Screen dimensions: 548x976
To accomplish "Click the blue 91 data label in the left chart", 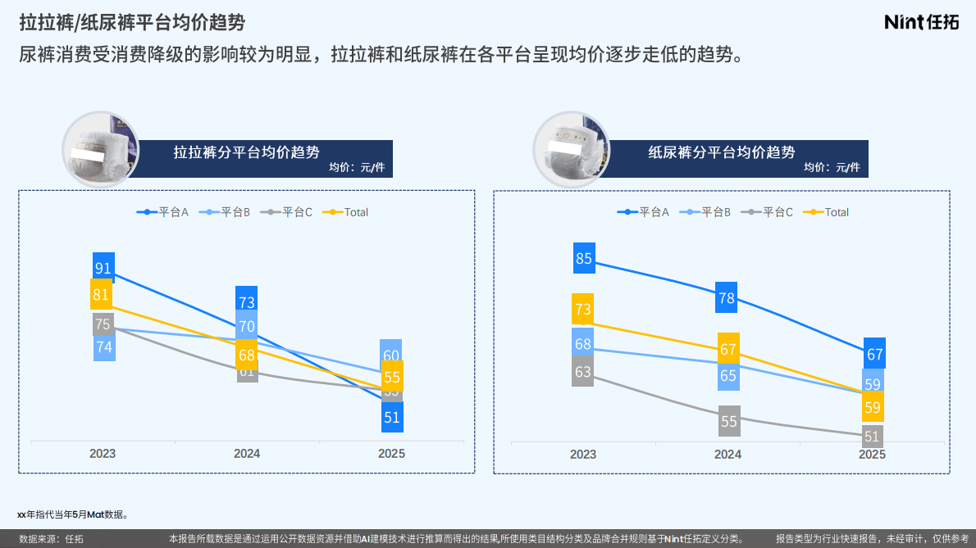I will (103, 268).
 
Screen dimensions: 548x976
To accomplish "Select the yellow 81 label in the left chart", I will (102, 295).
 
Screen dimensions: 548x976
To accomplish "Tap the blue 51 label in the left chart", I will (392, 417).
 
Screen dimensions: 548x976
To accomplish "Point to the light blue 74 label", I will (104, 347).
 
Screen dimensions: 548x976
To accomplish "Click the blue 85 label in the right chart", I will (584, 259).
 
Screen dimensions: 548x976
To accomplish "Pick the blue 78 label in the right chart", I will (727, 298).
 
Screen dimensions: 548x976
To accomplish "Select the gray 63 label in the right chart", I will (583, 372).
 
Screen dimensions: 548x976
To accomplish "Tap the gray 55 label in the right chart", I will (729, 422).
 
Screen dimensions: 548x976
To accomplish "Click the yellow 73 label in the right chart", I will (583, 309).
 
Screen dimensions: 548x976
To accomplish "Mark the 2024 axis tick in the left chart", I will (247, 453).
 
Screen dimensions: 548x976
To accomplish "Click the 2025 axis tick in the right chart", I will (872, 454).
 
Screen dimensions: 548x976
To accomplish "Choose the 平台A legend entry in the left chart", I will (163, 212).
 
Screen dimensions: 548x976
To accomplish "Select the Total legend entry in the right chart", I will (829, 212).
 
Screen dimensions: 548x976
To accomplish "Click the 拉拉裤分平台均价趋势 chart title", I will (246, 152).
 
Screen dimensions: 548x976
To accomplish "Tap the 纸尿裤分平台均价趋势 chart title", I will (721, 152).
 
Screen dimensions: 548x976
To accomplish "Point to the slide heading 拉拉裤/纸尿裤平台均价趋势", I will (132, 22).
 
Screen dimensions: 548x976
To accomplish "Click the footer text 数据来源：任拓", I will (52, 539).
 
